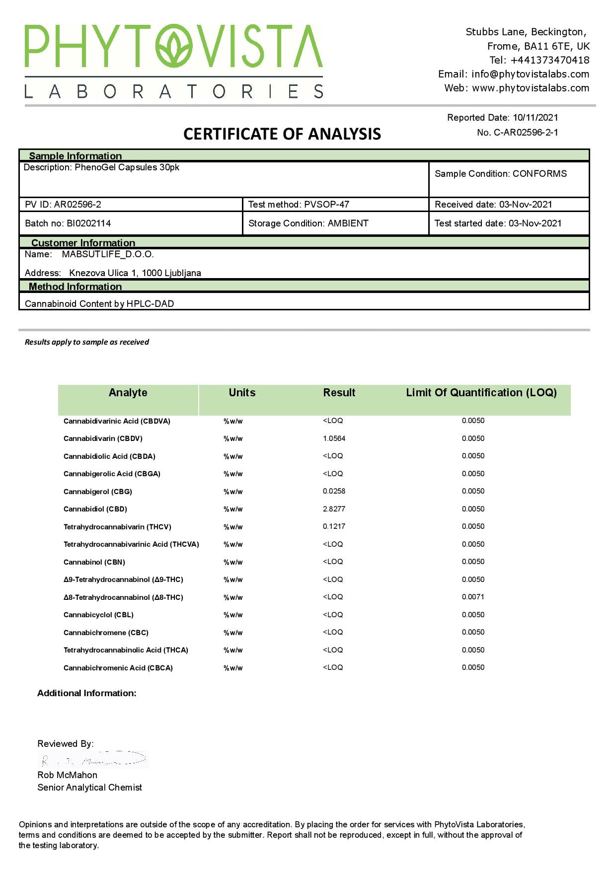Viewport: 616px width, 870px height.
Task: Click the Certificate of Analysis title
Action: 282,134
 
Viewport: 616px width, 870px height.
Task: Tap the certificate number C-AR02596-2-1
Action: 526,133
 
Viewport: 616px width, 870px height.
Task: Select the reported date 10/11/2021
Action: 535,118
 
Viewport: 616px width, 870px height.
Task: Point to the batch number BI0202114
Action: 88,223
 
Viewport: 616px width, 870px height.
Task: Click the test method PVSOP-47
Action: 326,205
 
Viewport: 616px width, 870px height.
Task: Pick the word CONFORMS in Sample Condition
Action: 539,174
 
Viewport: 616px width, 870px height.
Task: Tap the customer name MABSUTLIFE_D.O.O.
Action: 108,254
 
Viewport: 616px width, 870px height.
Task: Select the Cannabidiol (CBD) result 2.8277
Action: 334,509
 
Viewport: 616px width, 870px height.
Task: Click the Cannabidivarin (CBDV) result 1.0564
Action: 334,438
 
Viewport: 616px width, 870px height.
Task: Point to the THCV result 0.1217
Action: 334,526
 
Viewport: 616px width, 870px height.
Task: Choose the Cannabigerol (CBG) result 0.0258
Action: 334,491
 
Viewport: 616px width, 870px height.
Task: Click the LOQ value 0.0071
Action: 473,597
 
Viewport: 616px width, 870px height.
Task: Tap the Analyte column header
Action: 128,393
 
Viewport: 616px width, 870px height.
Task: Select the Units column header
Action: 242,393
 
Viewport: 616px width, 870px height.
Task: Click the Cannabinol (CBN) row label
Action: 94,562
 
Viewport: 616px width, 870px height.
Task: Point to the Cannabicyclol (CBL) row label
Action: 98,615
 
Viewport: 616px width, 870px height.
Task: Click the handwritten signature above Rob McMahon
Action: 93,759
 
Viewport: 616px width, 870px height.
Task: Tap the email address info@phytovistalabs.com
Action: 530,74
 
